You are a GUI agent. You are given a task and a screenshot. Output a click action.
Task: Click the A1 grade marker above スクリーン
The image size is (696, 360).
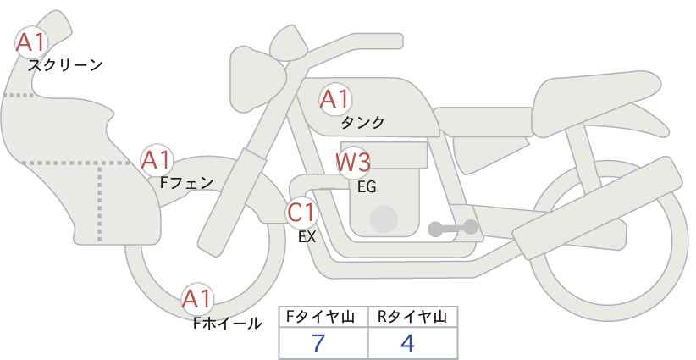30,42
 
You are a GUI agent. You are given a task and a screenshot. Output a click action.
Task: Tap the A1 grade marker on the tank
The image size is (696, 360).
335,99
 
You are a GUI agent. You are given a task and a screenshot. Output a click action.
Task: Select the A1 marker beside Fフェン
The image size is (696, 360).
157,160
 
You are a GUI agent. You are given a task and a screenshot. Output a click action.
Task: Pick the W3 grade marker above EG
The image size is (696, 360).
353,163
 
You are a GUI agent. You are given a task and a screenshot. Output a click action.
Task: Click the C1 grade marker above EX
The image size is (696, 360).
301,213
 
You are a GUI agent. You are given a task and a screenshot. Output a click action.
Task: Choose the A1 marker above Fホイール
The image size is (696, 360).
197,299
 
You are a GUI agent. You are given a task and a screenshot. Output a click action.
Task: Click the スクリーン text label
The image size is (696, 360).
65,66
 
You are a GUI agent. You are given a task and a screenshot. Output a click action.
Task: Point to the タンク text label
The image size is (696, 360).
362,123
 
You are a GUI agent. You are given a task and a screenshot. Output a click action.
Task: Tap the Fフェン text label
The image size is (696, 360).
186,183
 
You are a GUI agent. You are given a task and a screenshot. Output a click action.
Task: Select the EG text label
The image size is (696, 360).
367,187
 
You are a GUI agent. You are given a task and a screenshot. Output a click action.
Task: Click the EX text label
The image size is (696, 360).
307,237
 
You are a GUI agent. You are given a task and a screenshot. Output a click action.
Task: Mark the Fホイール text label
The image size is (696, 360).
227,324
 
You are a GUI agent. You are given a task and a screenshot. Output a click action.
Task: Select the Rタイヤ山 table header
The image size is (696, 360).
412,317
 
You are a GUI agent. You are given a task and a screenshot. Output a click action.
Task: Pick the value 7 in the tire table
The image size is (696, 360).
318,343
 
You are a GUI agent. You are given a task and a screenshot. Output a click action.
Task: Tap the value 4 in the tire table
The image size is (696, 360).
407,343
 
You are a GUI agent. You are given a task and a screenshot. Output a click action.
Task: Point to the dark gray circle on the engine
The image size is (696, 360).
384,219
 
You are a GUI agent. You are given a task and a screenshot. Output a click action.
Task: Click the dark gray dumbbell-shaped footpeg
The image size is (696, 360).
453,228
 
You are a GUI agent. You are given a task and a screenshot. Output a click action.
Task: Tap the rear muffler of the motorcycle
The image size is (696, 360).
598,202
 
